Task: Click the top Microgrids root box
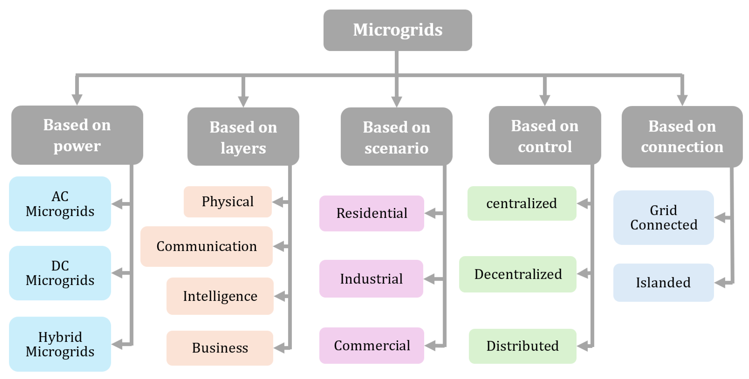click(398, 30)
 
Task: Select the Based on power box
click(77, 135)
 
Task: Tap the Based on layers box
click(243, 137)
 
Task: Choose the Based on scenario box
click(396, 137)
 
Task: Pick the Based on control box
click(545, 135)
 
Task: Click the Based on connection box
click(682, 137)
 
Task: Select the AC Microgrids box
click(60, 204)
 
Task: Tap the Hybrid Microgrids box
click(60, 344)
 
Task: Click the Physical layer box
click(228, 202)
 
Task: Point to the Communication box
click(207, 246)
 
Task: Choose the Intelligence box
click(220, 296)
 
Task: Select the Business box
click(220, 348)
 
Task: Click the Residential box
click(372, 213)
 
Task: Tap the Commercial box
click(372, 346)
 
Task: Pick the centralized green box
click(522, 203)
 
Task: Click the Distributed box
click(522, 346)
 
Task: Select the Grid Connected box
click(663, 218)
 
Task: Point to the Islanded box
click(663, 283)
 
